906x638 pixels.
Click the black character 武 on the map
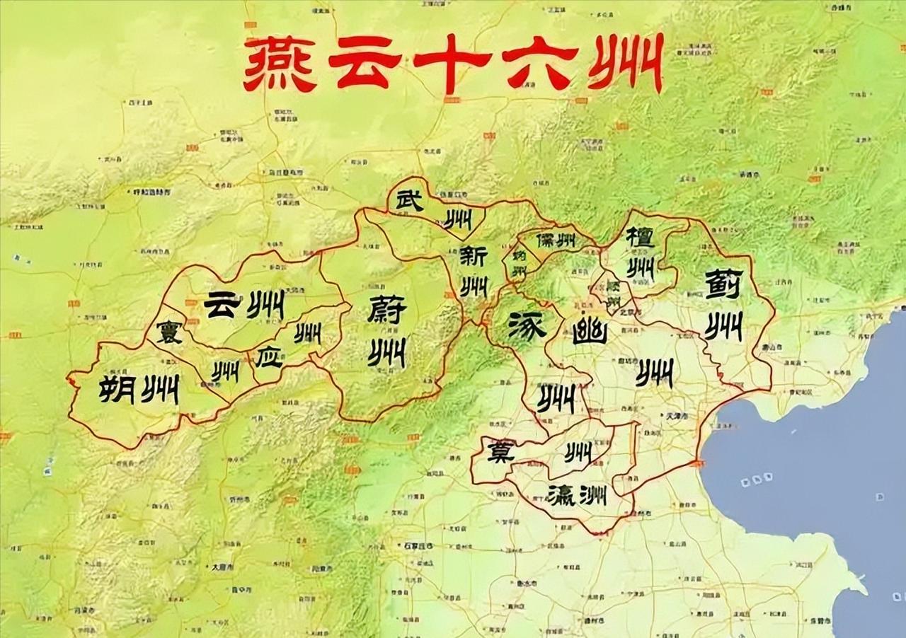point(408,201)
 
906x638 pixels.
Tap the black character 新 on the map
point(473,257)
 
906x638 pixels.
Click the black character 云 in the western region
point(222,305)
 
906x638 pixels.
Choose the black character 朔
point(116,388)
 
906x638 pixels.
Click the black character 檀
point(640,238)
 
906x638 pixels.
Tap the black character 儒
point(546,240)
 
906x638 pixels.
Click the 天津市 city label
point(673,415)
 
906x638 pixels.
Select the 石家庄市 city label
point(420,546)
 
